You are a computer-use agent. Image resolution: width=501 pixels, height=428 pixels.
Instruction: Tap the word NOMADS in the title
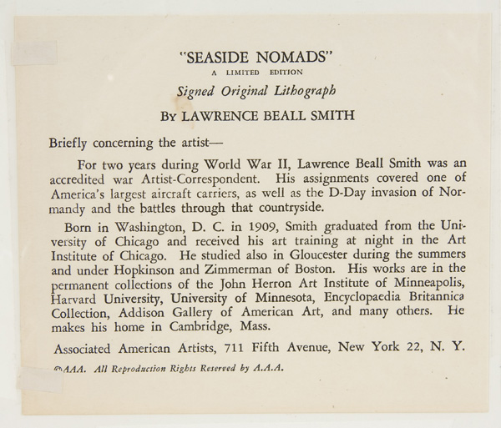click(x=286, y=58)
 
